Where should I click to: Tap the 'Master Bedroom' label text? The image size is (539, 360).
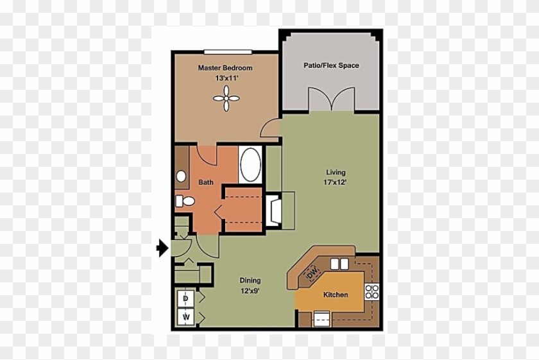[x=225, y=67]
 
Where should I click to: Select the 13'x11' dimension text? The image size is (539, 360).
[x=227, y=78]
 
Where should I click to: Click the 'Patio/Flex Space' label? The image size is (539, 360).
[x=331, y=65]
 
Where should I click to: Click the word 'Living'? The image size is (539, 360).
[x=335, y=172]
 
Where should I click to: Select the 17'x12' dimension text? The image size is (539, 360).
[x=335, y=182]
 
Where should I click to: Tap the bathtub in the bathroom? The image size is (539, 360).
[x=250, y=165]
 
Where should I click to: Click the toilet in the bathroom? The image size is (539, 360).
[x=184, y=201]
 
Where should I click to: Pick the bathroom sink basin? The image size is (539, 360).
[x=181, y=175]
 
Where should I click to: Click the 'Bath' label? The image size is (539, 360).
[x=205, y=182]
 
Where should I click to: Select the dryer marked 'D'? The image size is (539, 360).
[x=185, y=299]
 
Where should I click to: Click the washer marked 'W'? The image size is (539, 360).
[x=185, y=317]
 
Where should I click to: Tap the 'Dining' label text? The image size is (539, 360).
[x=250, y=280]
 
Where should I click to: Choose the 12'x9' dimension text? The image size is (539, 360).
[x=250, y=290]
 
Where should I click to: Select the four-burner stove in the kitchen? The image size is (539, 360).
[x=371, y=292]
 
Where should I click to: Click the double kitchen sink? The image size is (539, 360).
[x=339, y=263]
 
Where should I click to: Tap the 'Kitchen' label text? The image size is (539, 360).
[x=335, y=295]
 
